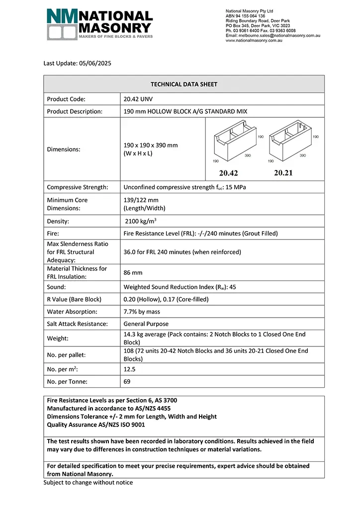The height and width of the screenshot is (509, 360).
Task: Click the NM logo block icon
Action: pos(62,24)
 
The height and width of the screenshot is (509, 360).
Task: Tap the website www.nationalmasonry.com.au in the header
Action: pos(254,40)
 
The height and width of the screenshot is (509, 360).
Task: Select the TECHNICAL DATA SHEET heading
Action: pos(184,85)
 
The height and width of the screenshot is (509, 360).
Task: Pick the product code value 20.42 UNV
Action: pos(139,99)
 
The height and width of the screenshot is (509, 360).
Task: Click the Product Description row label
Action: pos(75,111)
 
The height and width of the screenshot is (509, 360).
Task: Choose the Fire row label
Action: pos(53,233)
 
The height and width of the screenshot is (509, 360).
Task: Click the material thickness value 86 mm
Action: pos(133,273)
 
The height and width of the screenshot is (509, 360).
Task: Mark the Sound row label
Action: pos(57,287)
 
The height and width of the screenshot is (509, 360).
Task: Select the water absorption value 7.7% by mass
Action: pos(148,312)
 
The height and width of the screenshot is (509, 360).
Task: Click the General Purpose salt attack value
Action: pos(147,324)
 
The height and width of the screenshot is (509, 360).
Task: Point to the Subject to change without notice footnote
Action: pos(88,482)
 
